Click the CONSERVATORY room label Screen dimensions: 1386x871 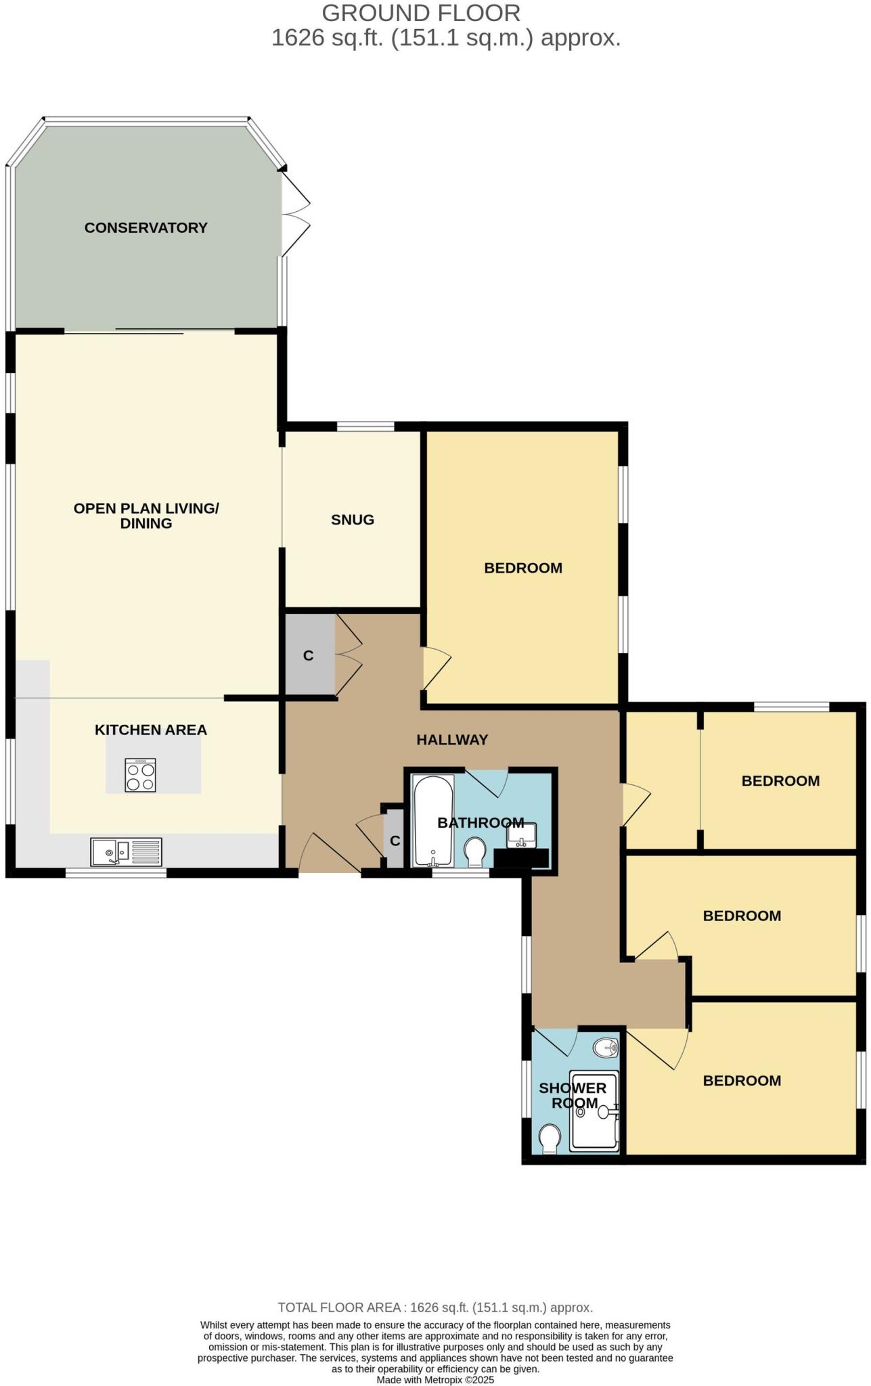146,227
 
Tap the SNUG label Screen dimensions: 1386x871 352,520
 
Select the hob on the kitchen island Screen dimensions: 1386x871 140,775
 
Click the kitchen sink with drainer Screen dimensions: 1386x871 127,852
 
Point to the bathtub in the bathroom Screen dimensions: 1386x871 432,822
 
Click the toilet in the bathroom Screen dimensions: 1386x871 476,852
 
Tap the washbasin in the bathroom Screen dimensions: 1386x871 521,835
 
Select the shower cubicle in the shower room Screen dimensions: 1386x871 594,1111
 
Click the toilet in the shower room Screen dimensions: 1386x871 550,1138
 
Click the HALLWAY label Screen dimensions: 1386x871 452,740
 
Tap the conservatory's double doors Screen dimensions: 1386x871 296,214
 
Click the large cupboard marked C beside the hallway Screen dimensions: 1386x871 309,655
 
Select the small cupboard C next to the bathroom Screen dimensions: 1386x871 395,841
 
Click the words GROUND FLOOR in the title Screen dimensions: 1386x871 421,13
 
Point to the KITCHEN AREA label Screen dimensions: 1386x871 150,730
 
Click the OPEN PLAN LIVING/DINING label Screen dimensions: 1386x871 146,515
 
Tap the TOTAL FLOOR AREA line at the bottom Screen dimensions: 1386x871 435,1307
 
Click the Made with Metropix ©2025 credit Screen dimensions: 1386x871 435,1380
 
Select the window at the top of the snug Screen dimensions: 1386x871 365,426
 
